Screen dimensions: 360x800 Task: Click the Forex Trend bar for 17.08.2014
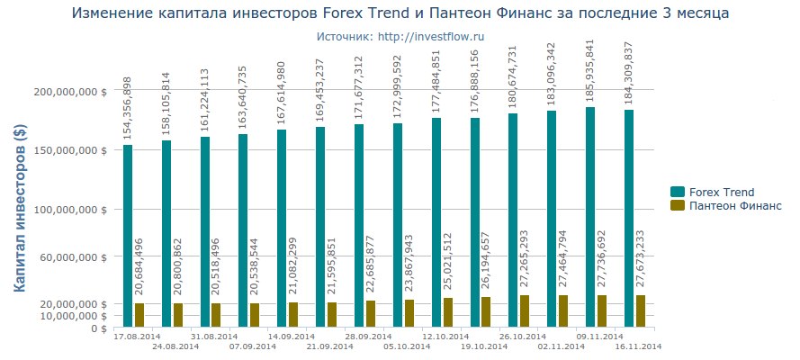(128, 236)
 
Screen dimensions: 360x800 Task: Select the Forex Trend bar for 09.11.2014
(590, 217)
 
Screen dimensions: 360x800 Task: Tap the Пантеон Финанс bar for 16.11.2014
(641, 310)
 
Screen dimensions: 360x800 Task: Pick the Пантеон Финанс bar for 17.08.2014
(139, 315)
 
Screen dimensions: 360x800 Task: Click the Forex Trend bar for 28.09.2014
(359, 225)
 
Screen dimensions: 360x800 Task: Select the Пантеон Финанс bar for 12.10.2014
(448, 312)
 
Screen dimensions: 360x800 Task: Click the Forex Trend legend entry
(712, 192)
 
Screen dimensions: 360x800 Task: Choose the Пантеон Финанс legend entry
(725, 206)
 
